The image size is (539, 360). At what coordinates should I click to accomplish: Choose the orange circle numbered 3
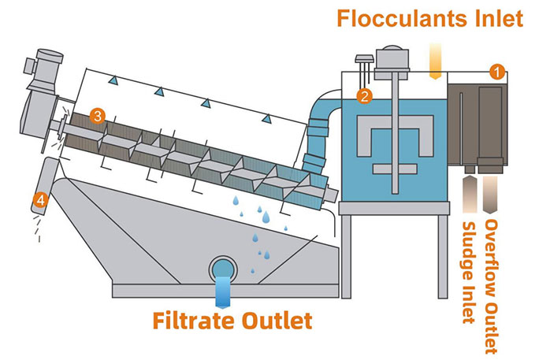96,115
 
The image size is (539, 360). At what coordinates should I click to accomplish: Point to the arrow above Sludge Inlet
470,194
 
